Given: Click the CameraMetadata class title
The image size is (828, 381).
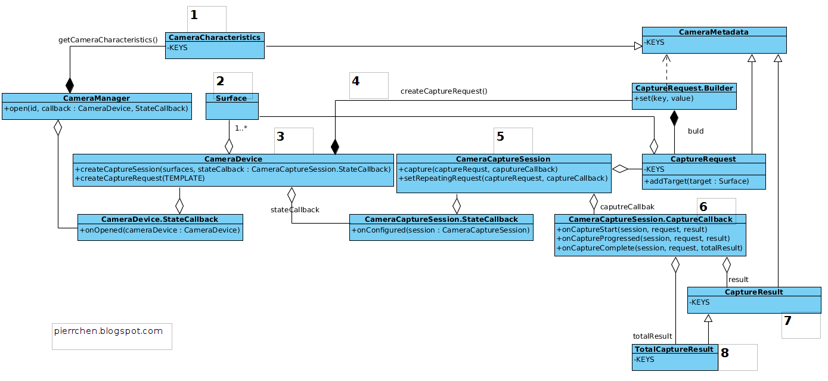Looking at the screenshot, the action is (x=714, y=32).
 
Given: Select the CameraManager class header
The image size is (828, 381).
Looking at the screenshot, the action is (x=97, y=98).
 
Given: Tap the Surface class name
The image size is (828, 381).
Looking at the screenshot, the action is (x=231, y=98).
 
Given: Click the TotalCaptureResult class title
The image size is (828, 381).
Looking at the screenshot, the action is (x=674, y=349).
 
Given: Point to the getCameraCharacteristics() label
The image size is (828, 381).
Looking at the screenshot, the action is (x=108, y=39).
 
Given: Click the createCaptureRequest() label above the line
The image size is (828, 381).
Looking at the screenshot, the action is (x=444, y=91).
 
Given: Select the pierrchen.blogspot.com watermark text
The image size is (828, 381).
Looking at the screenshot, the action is (x=108, y=331).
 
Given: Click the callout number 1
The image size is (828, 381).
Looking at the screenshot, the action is (x=194, y=15).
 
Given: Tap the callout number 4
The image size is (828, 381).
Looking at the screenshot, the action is (x=356, y=81).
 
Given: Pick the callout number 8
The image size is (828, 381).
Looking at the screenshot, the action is (x=725, y=353).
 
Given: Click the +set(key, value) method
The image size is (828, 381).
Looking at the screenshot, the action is (x=664, y=98).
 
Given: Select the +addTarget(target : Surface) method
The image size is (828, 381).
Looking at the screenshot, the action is (x=697, y=181).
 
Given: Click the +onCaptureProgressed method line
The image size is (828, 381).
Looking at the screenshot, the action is (x=643, y=238).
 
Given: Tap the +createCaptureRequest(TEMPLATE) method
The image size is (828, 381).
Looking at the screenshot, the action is (x=139, y=178).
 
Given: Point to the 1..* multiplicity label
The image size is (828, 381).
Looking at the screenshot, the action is (x=241, y=128).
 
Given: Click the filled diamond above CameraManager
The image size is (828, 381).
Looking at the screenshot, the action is (x=70, y=85).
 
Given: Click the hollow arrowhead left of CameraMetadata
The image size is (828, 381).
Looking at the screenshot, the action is (x=638, y=46).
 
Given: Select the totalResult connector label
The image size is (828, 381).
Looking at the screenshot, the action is (x=652, y=336).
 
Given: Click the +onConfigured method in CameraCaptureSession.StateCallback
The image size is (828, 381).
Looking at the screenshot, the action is (x=441, y=230).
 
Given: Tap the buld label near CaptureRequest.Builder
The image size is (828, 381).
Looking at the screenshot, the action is (x=696, y=131).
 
